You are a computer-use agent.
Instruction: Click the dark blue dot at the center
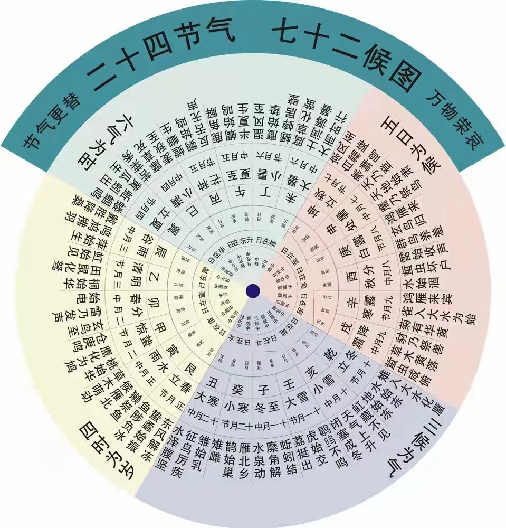pos(253,290)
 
